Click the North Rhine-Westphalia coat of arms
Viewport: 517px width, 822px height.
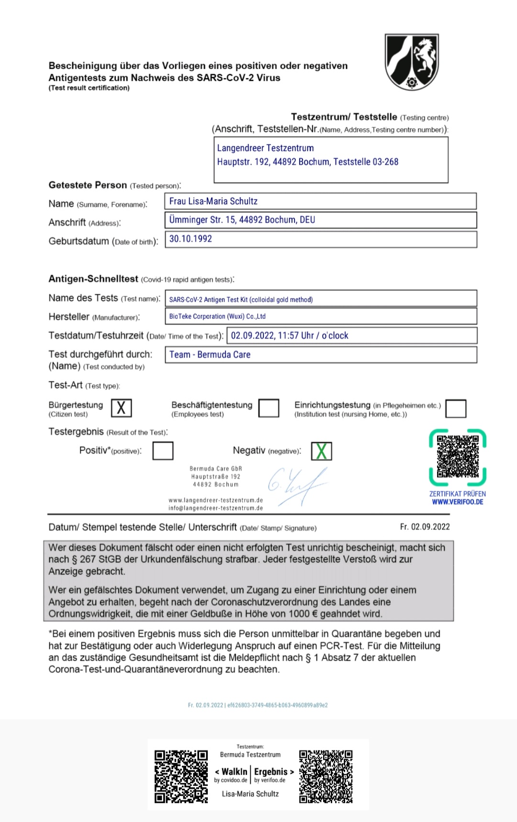click(x=412, y=62)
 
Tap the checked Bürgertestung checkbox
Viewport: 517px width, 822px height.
click(x=121, y=408)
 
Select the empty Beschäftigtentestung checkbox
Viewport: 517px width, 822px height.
click(x=269, y=408)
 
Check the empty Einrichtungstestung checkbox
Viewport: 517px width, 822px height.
click(x=456, y=408)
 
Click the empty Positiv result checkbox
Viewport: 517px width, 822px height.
click(x=163, y=450)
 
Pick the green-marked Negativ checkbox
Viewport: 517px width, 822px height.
click(x=321, y=451)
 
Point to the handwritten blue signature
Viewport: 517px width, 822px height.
click(x=297, y=485)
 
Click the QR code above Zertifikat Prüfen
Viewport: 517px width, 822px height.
click(x=458, y=457)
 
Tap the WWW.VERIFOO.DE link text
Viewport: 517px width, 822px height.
click(x=457, y=502)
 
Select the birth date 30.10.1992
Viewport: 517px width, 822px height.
click(x=191, y=239)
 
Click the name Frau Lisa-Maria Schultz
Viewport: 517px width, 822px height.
click(x=214, y=201)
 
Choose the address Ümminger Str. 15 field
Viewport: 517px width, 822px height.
click(x=242, y=220)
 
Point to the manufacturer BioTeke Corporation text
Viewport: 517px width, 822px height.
click(x=217, y=316)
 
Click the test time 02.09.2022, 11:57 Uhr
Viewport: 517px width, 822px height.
click(x=290, y=336)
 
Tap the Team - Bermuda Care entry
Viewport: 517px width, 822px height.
click(x=210, y=355)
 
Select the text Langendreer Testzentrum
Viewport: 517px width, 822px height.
click(x=265, y=148)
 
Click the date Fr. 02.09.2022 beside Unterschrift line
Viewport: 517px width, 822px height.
click(x=425, y=527)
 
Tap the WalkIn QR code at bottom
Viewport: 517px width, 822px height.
click(x=181, y=776)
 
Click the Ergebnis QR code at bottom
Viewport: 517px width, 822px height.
click(x=326, y=776)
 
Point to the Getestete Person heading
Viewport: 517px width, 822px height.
click(x=88, y=185)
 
